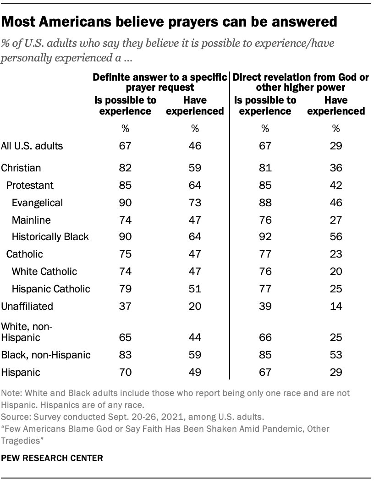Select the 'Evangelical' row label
click(x=38, y=203)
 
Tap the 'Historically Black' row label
click(x=50, y=237)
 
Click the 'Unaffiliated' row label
click(x=27, y=306)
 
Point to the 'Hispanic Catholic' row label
click(x=51, y=289)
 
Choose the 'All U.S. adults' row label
click(x=32, y=146)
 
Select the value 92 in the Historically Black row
click(x=264, y=237)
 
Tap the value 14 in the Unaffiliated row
click(x=337, y=306)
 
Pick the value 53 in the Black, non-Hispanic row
click(x=337, y=355)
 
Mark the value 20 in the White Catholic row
click(x=337, y=271)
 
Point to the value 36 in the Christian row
click(x=337, y=168)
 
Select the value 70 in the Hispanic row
click(x=125, y=372)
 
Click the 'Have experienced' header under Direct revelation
click(x=337, y=105)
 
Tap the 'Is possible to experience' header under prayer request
click(x=125, y=105)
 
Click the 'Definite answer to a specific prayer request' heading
click(x=160, y=82)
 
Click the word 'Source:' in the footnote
click(x=15, y=418)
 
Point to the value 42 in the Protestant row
click(x=337, y=185)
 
